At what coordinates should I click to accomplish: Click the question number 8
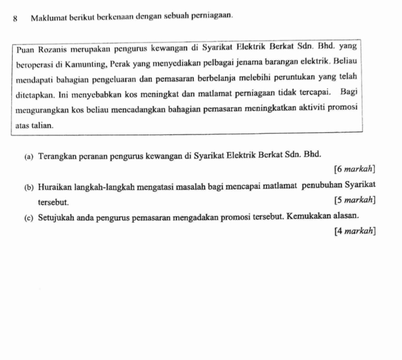tap(15, 19)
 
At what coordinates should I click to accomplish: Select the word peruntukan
tap(281, 78)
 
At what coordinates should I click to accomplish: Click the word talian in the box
tap(41, 125)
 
